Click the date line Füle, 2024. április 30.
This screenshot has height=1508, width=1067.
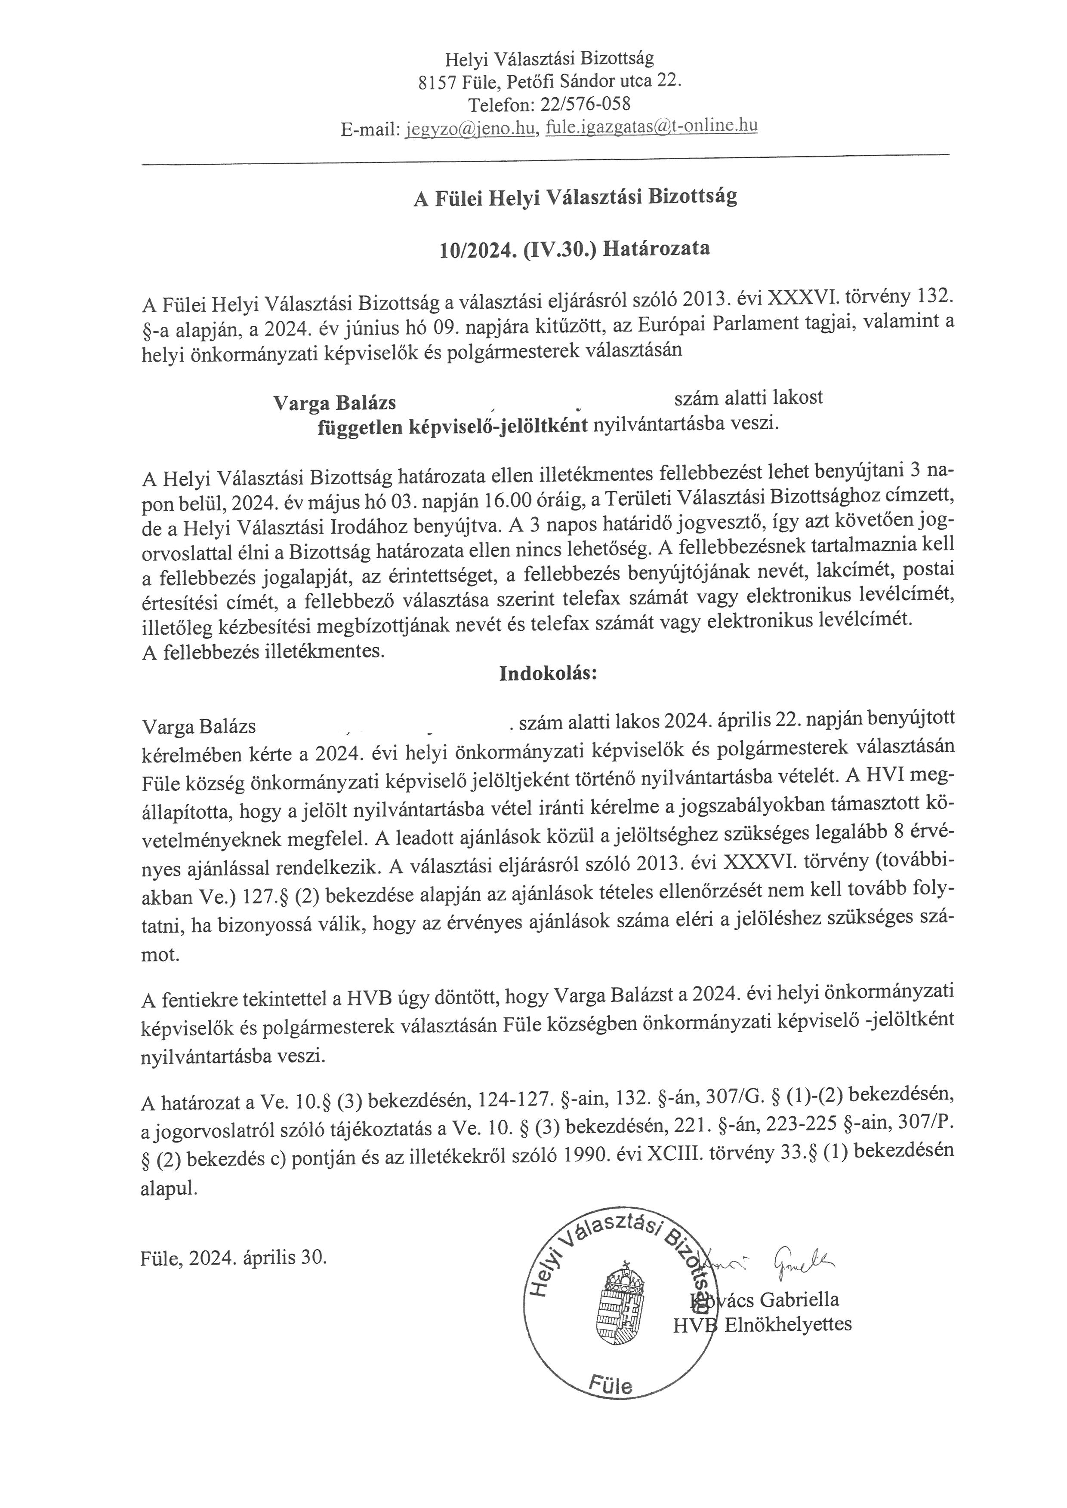click(233, 1258)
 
